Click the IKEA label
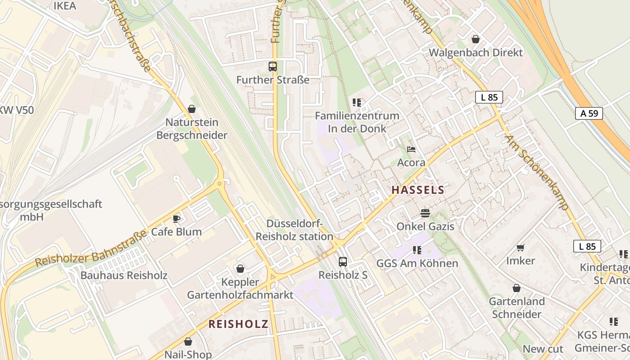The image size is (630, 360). (65, 6)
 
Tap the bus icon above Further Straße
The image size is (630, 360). (273, 67)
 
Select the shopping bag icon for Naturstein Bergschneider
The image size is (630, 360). (192, 109)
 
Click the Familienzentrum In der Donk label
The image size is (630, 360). (357, 122)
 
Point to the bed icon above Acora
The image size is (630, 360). (411, 149)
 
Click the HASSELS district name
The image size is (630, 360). (418, 190)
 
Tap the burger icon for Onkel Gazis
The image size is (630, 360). (425, 213)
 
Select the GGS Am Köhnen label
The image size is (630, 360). (417, 263)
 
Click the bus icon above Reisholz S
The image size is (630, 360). (343, 261)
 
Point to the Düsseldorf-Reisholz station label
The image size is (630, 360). (294, 230)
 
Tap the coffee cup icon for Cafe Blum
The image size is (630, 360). (176, 219)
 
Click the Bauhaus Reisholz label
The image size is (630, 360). (124, 275)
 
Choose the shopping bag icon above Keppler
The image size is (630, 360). (240, 269)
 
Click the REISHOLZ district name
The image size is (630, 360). (238, 324)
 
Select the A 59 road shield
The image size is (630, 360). (589, 113)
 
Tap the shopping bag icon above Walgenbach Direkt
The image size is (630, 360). (476, 39)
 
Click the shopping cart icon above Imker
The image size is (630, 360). (521, 247)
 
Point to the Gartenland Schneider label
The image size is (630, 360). (517, 307)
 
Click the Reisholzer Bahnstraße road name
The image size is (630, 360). (91, 249)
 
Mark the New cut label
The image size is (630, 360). (543, 349)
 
